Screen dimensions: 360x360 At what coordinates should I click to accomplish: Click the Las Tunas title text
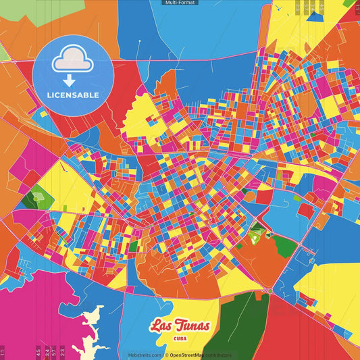click(180, 326)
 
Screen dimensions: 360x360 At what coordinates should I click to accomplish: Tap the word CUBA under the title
click(180, 338)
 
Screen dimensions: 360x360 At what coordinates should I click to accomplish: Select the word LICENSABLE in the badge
click(72, 95)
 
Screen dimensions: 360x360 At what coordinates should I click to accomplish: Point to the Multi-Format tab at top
click(180, 3)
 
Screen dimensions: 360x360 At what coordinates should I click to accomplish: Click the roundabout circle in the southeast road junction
click(269, 291)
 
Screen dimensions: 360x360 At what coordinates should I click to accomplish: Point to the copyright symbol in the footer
click(166, 355)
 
